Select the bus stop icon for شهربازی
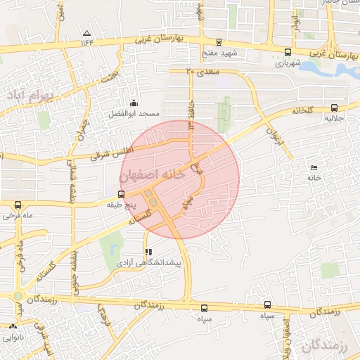point(288,51)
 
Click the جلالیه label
point(333,119)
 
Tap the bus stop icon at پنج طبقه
point(122,194)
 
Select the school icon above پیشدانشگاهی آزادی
point(148,251)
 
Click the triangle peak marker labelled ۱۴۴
point(86,33)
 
